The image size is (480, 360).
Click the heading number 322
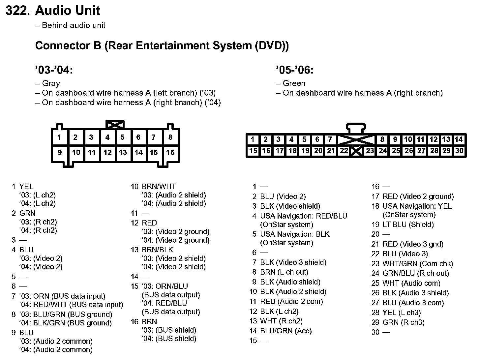click(x=18, y=11)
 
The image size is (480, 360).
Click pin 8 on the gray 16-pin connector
click(x=170, y=137)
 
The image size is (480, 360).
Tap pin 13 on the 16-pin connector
click(x=123, y=152)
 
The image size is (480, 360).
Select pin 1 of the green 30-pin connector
click(x=253, y=139)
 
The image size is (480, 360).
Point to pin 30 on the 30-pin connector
click(x=459, y=151)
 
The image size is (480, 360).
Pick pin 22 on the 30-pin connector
click(x=344, y=151)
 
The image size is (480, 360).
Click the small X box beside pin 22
click(x=356, y=151)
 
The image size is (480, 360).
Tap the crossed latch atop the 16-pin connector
click(x=115, y=125)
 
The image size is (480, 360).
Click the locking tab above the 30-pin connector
click(x=356, y=128)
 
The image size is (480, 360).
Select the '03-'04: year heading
click(x=54, y=70)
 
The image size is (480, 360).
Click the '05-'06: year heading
click(x=294, y=70)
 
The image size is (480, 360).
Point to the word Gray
click(x=51, y=83)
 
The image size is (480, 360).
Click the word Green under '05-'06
click(x=294, y=83)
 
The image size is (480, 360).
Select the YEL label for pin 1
click(x=26, y=187)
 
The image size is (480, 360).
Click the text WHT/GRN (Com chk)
click(x=417, y=264)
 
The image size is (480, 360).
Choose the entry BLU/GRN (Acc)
click(x=285, y=331)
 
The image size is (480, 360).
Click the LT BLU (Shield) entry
click(x=408, y=225)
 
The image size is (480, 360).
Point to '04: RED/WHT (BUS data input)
click(x=71, y=305)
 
